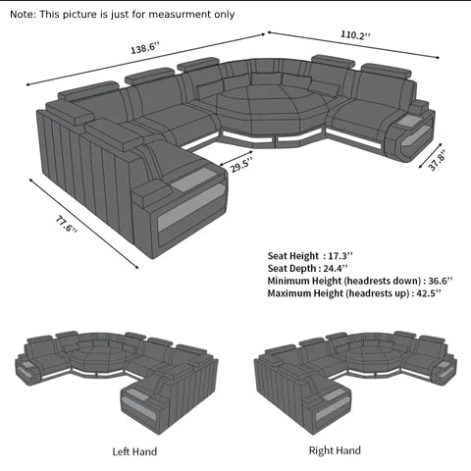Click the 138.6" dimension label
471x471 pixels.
click(x=145, y=48)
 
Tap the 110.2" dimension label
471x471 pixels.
click(x=355, y=34)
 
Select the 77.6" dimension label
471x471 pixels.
click(x=67, y=224)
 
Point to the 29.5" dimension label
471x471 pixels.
click(x=241, y=165)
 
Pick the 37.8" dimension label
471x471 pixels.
click(x=437, y=160)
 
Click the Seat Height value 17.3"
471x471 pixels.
click(x=340, y=255)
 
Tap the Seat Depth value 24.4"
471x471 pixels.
click(x=336, y=268)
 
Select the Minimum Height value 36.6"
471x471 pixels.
click(x=441, y=281)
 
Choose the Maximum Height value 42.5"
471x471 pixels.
click(x=429, y=293)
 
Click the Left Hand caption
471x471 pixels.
click(x=134, y=451)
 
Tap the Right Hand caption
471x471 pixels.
click(x=335, y=450)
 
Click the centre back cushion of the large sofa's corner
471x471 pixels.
click(x=266, y=78)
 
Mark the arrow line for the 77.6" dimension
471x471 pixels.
click(x=83, y=224)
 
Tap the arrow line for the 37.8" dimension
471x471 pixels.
click(x=431, y=156)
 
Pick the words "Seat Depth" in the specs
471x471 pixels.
click(x=291, y=269)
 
